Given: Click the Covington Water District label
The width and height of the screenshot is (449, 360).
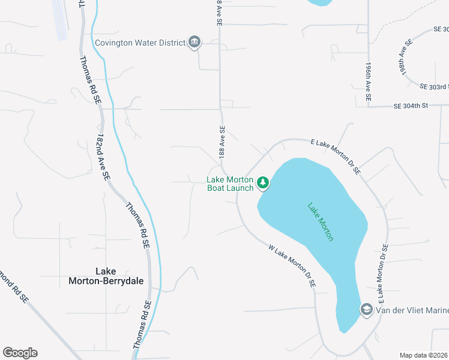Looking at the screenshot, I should pos(140,43).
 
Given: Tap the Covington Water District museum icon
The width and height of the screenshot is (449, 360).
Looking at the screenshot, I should pos(194,42).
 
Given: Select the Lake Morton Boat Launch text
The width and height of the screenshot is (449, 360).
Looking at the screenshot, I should pos(231,184).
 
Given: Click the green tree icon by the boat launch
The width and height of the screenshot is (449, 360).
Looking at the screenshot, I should pos(263,182).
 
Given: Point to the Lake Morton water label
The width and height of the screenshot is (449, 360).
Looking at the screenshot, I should pos(321,222).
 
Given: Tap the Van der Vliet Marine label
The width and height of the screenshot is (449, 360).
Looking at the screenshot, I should pos(412,310).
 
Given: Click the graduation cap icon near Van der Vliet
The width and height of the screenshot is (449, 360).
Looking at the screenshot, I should pos(366,309).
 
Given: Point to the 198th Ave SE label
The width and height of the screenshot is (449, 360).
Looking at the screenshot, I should pos(405,58).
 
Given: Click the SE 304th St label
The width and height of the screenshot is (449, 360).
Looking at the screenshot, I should pos(410,106).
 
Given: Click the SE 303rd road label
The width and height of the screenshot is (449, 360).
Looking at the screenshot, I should pos(434,86).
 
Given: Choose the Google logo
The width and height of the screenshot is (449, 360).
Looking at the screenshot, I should pos(20,353).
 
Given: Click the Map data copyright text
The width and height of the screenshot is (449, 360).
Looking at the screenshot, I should pos(423,355).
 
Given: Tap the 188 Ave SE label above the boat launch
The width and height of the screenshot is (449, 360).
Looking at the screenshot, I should pos(221,139).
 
